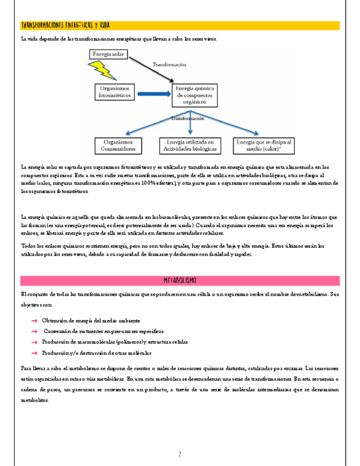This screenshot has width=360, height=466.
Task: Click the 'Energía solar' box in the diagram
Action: (109, 54)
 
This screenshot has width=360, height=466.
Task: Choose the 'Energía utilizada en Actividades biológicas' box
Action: (190, 145)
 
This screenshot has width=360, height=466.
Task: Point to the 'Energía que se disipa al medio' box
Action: (263, 145)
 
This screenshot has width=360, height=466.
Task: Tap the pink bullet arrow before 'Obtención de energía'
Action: (34, 320)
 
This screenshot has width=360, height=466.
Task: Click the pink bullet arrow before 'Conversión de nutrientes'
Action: (34, 331)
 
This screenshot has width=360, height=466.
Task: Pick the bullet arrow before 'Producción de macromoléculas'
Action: (34, 342)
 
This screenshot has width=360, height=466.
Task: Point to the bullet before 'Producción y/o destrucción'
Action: (34, 353)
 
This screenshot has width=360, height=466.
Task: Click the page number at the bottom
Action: (180, 454)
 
